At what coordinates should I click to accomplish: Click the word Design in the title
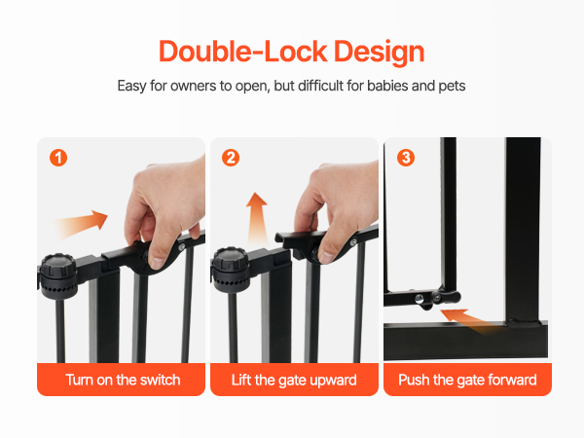click(x=380, y=52)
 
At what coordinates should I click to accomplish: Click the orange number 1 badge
click(x=58, y=158)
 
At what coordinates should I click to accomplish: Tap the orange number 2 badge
click(x=231, y=158)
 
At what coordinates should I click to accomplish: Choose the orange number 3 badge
click(x=406, y=158)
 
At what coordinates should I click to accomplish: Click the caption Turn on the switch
click(x=123, y=380)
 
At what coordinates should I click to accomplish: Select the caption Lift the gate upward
click(x=294, y=381)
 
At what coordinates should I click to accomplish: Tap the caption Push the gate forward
click(x=467, y=381)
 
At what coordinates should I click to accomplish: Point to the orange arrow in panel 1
click(x=81, y=224)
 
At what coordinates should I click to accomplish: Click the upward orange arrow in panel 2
click(x=257, y=220)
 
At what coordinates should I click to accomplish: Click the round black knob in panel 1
click(x=58, y=275)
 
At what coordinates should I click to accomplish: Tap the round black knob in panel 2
click(x=230, y=270)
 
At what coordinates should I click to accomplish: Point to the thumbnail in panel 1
click(x=158, y=263)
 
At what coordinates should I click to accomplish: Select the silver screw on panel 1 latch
click(x=182, y=247)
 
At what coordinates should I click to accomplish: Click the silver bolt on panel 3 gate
click(x=420, y=299)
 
